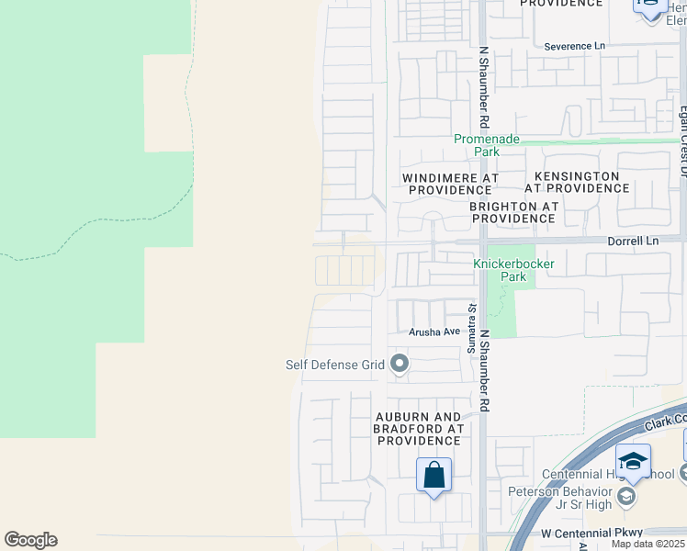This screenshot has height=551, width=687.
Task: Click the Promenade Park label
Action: click(487, 145)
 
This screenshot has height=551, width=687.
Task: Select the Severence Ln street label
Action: click(575, 46)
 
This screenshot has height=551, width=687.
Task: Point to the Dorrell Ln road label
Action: click(634, 241)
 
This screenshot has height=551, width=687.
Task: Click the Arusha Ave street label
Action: click(434, 332)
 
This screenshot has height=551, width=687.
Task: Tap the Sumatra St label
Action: click(471, 330)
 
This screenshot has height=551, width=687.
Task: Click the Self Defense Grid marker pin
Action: click(400, 365)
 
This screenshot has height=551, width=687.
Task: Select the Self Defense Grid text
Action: click(334, 365)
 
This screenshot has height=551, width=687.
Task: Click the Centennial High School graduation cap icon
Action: click(633, 462)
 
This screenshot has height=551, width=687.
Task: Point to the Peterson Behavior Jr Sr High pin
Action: click(626, 496)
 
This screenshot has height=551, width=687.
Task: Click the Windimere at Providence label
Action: click(450, 183)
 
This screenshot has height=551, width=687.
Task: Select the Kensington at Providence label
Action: click(577, 182)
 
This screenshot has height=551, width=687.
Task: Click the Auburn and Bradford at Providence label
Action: click(417, 429)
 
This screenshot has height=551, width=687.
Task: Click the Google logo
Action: click(30, 540)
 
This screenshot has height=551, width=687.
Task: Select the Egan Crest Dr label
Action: click(682, 138)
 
